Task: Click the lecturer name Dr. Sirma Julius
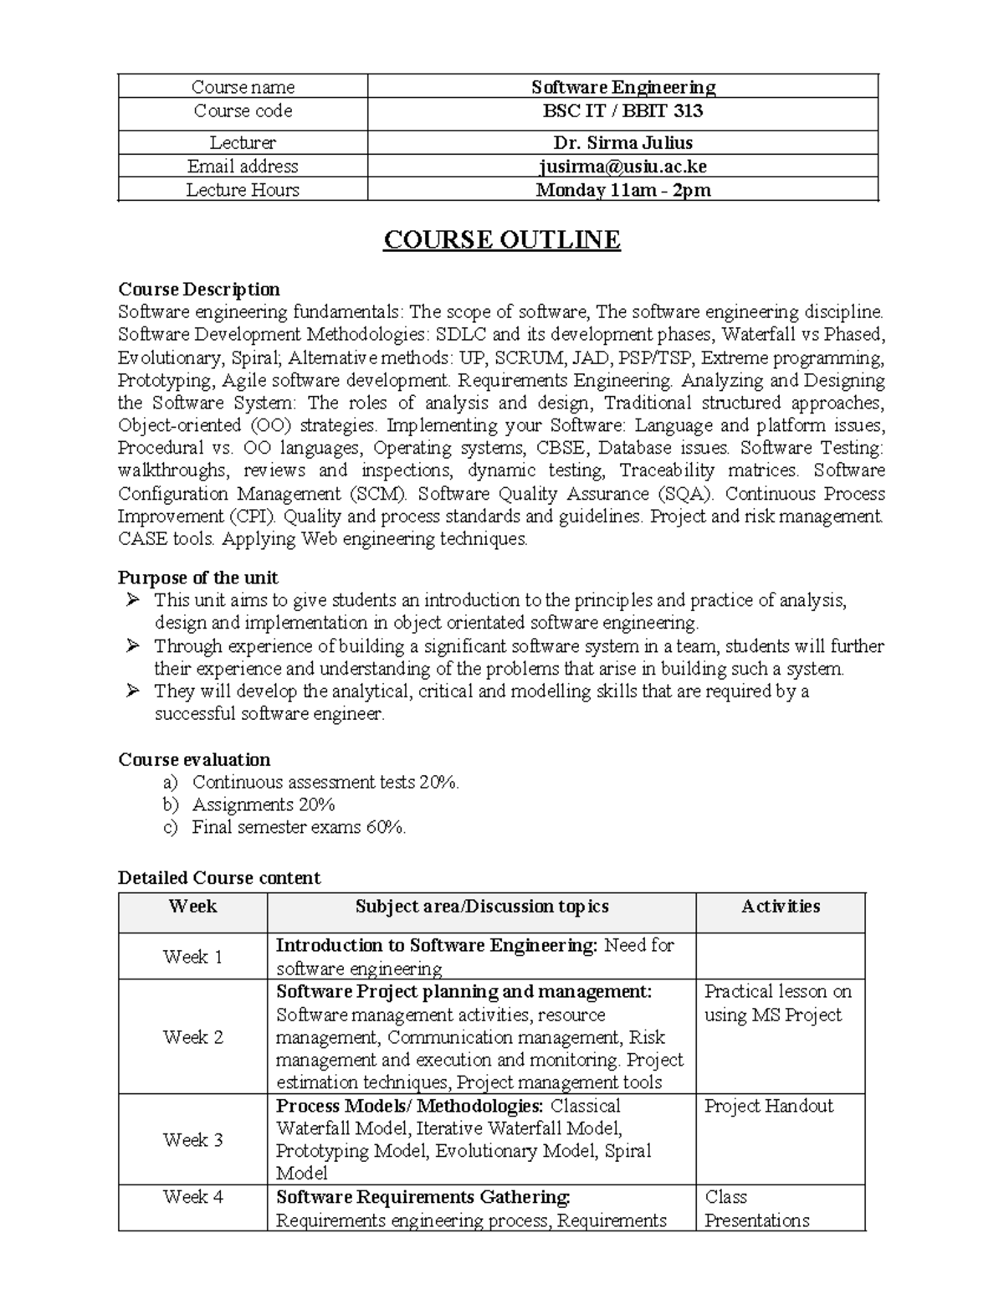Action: (622, 143)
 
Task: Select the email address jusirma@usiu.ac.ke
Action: (622, 167)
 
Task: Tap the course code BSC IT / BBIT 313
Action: (622, 111)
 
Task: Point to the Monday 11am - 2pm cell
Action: (622, 190)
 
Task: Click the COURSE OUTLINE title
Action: (501, 240)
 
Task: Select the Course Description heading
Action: (199, 290)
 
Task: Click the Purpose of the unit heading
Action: (198, 578)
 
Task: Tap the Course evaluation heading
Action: (194, 759)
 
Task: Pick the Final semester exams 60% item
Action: (299, 827)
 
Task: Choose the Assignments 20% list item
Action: (264, 804)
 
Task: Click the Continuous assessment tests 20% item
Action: (325, 782)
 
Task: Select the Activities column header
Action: (780, 907)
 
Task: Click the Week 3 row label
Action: (192, 1139)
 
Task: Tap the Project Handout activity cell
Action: (769, 1106)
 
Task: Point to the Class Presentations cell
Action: (756, 1208)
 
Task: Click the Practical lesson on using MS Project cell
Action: (777, 1003)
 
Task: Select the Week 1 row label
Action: (192, 957)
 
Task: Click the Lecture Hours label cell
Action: (243, 190)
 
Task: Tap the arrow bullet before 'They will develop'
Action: (131, 691)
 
